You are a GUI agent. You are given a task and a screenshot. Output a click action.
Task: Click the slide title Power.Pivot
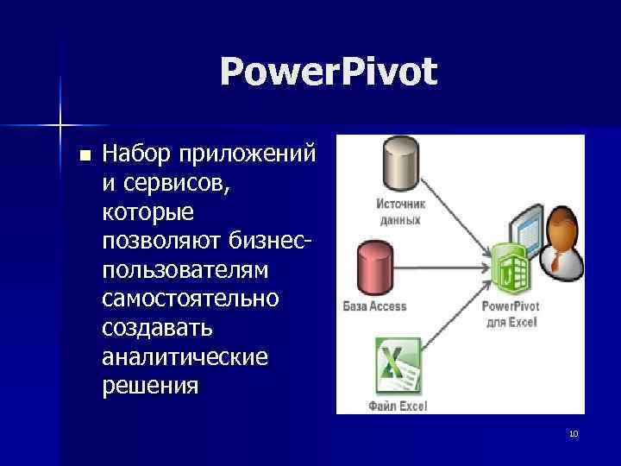[328, 72]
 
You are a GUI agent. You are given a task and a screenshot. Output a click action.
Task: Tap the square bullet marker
[84, 156]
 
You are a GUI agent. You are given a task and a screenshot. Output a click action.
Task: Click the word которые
[149, 211]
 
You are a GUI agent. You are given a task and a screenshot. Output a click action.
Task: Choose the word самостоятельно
[190, 299]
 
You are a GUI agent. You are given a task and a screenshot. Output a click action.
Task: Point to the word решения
[149, 386]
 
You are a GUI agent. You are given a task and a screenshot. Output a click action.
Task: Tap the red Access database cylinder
[374, 268]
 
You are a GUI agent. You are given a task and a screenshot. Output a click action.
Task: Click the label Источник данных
[398, 212]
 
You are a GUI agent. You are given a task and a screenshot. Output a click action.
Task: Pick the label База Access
[374, 305]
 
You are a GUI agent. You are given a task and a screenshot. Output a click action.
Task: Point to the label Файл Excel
[398, 405]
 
